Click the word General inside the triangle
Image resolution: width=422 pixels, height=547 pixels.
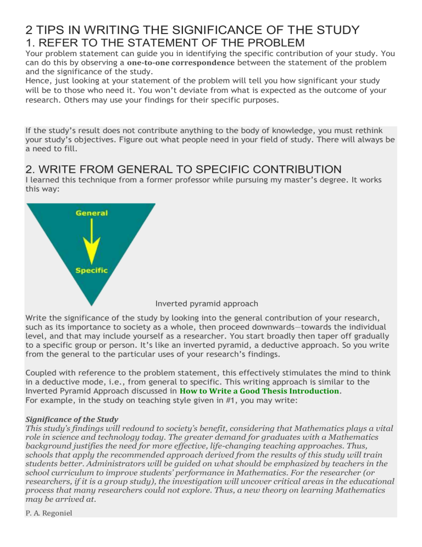point(92,213)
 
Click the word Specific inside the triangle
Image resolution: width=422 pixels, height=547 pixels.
point(92,270)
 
